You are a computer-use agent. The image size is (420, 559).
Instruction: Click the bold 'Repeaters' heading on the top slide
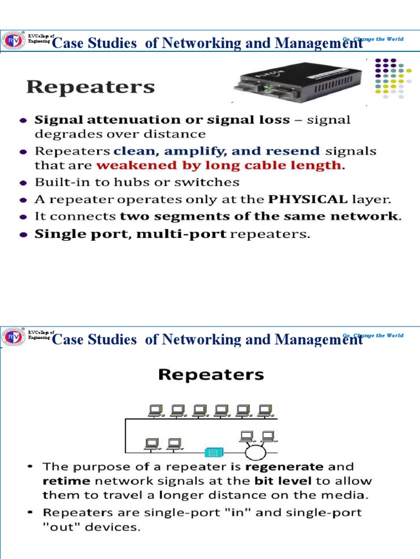(91, 87)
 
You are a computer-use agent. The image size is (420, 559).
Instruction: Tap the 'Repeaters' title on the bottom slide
(211, 375)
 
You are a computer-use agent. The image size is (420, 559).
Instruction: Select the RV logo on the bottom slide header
(13, 336)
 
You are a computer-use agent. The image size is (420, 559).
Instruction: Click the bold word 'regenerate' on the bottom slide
(284, 467)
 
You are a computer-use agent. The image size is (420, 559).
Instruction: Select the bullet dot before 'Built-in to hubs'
(23, 182)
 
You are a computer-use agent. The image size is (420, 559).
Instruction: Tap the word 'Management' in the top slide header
(319, 44)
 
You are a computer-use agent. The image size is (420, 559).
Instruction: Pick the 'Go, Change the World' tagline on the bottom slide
(373, 335)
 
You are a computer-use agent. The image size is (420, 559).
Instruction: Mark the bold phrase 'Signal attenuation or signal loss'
(162, 120)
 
